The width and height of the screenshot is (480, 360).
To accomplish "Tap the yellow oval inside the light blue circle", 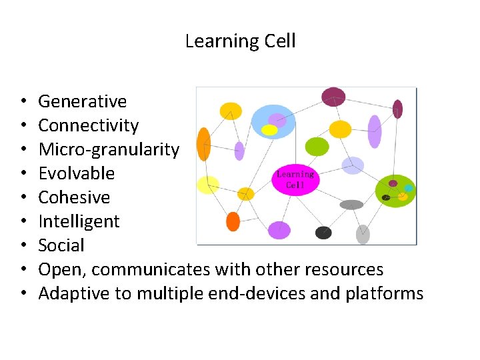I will [x=269, y=130].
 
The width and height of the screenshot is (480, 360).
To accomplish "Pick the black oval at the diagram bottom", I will [x=323, y=233].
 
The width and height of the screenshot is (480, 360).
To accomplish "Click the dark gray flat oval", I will [x=351, y=205].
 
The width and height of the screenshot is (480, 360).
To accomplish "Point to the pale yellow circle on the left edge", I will [x=208, y=185].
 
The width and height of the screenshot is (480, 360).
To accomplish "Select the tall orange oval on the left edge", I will [x=204, y=144].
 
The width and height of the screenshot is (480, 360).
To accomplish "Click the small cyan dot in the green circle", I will [x=409, y=189].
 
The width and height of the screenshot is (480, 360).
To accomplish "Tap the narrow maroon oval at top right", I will [x=397, y=109].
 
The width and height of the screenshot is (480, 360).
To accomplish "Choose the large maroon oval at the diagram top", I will [x=333, y=97].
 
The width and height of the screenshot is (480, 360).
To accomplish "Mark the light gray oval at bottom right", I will [x=363, y=235].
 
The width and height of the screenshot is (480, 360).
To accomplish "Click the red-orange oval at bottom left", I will [x=233, y=221].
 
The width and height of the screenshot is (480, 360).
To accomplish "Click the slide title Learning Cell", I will [x=240, y=41].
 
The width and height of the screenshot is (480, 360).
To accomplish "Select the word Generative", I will [x=82, y=101].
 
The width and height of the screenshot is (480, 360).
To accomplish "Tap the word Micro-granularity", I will [x=109, y=149].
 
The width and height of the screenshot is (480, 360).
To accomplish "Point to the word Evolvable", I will [x=76, y=173].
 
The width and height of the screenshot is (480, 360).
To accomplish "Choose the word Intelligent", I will [x=79, y=221].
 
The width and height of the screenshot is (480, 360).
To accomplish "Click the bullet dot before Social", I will [x=23, y=246].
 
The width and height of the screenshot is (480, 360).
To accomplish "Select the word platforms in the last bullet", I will [x=385, y=293].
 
